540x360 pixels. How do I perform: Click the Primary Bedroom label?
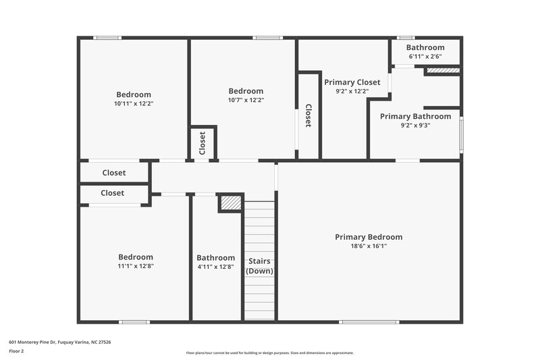(x=369, y=237)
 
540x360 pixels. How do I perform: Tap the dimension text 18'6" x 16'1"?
(x=369, y=247)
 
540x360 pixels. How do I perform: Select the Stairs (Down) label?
(x=259, y=265)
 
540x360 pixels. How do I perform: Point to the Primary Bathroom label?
(x=415, y=116)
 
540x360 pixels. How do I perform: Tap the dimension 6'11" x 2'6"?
(x=425, y=57)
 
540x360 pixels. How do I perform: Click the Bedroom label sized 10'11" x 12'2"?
(x=134, y=95)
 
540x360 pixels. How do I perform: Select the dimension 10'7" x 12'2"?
(x=246, y=100)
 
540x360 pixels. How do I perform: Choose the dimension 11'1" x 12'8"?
(x=135, y=266)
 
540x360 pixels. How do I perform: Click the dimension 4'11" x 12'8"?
(x=216, y=266)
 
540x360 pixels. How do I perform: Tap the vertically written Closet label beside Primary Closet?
(x=308, y=115)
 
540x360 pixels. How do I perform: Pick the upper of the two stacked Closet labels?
(x=113, y=173)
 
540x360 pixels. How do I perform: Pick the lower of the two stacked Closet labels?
(x=112, y=193)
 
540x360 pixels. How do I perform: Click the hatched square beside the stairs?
(x=231, y=203)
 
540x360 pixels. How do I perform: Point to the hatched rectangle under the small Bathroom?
(x=443, y=70)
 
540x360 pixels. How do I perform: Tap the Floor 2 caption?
(x=16, y=351)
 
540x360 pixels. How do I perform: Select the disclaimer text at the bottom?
(x=270, y=353)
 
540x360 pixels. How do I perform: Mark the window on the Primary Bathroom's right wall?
(x=462, y=134)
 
